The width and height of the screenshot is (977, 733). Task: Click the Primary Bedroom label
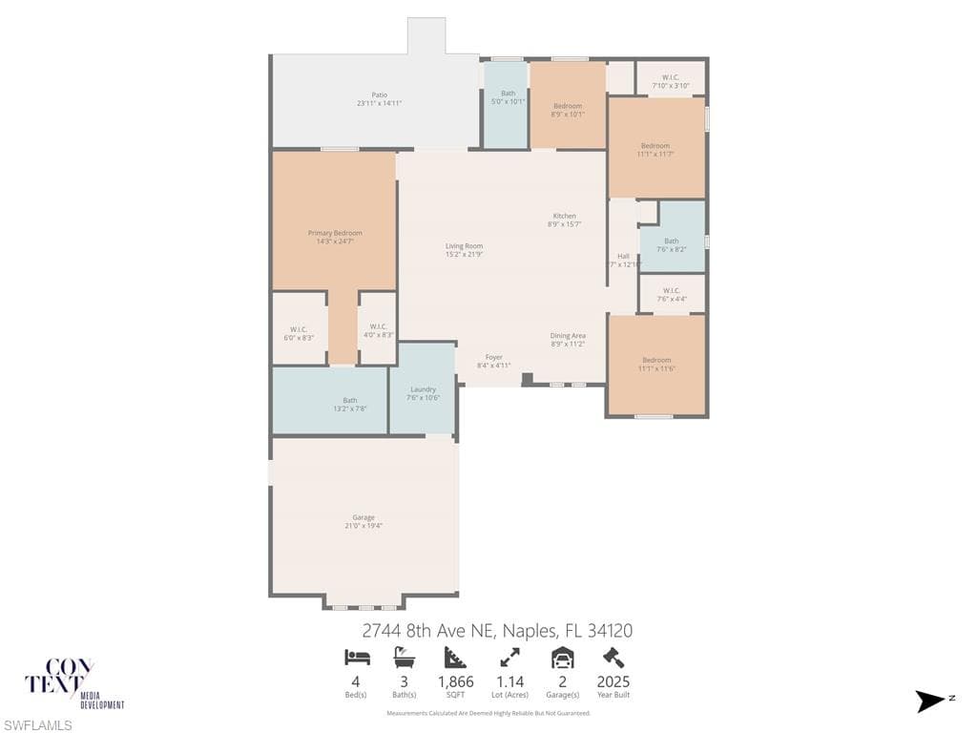[335, 233]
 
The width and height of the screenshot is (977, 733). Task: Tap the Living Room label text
[464, 246]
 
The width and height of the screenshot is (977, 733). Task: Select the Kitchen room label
[564, 216]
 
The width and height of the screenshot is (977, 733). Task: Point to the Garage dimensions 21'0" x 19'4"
[363, 526]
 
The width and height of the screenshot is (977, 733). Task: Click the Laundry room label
[423, 389]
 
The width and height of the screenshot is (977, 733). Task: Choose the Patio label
[379, 94]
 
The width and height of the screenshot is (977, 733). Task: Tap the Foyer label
[493, 357]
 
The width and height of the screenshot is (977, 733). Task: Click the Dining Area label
[568, 336]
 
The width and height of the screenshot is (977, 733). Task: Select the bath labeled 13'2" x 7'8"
[350, 404]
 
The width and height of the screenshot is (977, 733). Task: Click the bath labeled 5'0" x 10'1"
[508, 97]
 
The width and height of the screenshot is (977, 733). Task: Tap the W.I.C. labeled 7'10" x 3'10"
[671, 81]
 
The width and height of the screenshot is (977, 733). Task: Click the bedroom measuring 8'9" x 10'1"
[568, 110]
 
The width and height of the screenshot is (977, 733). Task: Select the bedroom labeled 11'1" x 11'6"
[656, 364]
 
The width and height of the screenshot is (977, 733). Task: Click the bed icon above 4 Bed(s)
[356, 657]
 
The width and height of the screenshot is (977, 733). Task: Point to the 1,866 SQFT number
[455, 681]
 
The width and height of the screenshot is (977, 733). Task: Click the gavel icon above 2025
[613, 657]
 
